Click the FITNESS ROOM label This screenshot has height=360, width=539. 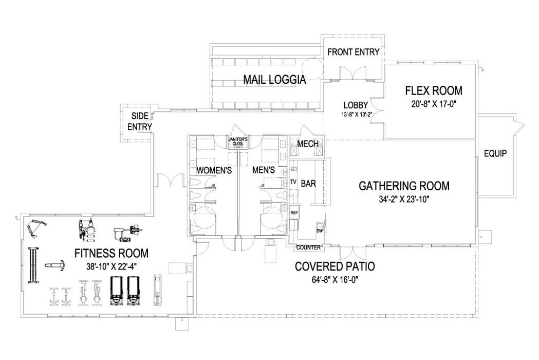click(111, 254)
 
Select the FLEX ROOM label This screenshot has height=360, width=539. click(433, 91)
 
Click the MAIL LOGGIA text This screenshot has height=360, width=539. click(274, 80)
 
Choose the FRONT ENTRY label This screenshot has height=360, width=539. click(353, 52)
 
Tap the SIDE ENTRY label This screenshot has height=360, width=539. click(140, 121)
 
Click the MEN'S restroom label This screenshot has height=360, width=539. click(263, 170)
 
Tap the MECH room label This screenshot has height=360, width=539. click(307, 144)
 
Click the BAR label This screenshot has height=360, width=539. click(308, 183)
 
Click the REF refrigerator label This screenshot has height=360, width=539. click(294, 212)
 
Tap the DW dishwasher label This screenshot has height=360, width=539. click(319, 231)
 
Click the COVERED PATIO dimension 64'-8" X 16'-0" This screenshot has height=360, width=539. click(334, 280)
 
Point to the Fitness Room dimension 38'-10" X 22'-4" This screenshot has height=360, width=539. click(111, 266)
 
